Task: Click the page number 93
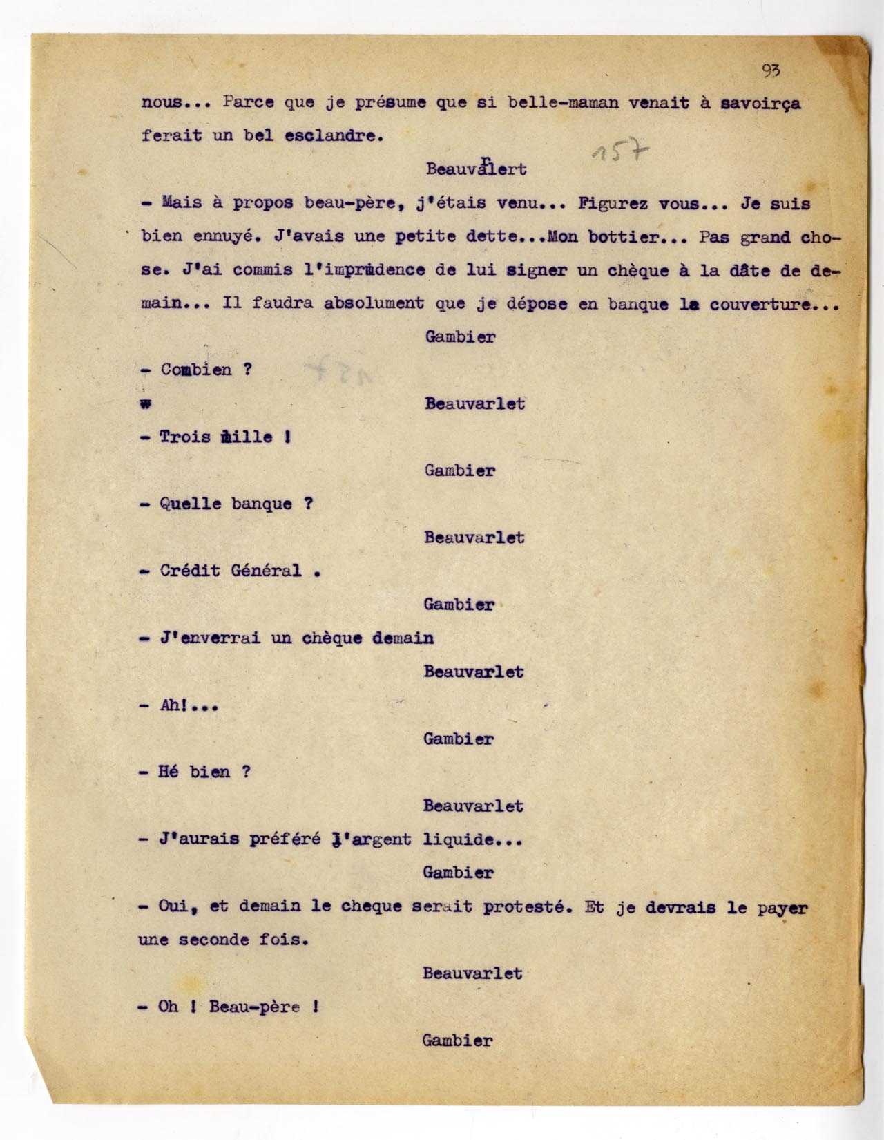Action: (771, 70)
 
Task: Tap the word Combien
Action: (196, 370)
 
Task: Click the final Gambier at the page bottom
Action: (458, 1040)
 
